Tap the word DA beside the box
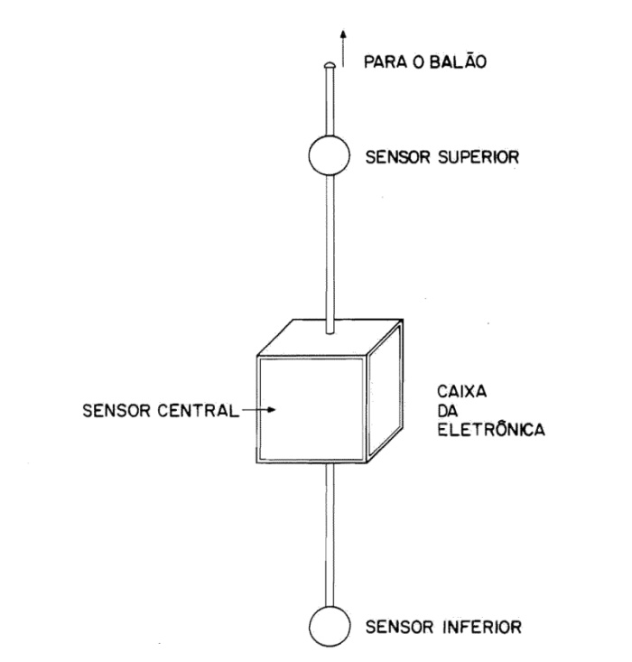[446, 413]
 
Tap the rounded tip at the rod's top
[330, 64]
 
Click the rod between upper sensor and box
[330, 244]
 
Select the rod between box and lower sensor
[330, 533]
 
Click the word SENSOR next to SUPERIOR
[391, 156]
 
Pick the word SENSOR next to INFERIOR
[391, 626]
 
